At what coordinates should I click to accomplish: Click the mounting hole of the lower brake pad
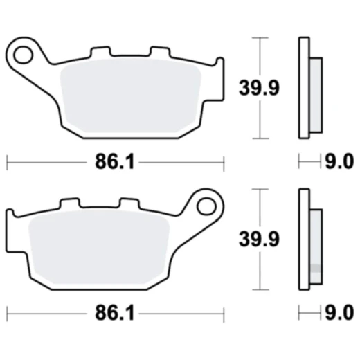[x=206, y=206]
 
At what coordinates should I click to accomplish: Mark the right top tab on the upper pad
[x=159, y=53]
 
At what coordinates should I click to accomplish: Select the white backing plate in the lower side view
[x=303, y=239]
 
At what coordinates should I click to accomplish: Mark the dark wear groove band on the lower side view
[x=315, y=268]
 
